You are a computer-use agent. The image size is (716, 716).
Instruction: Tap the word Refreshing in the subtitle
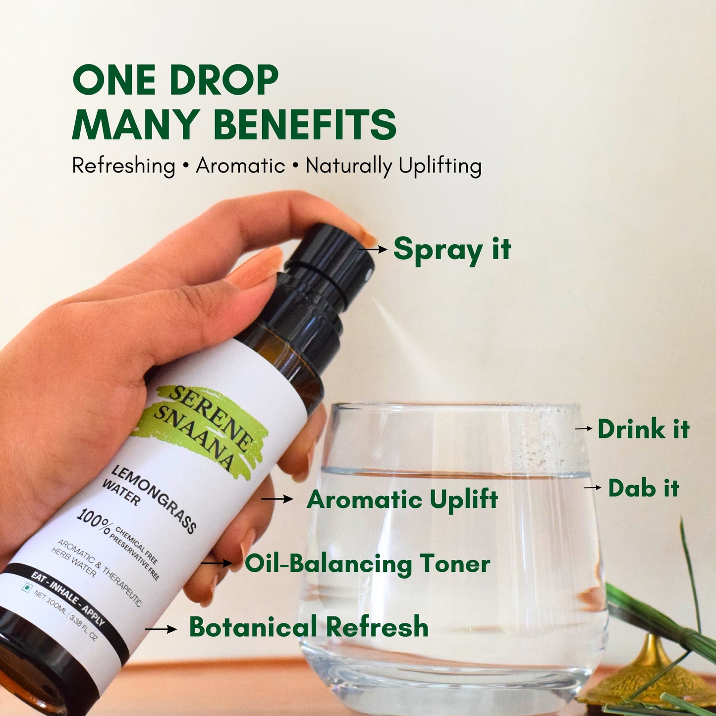123,165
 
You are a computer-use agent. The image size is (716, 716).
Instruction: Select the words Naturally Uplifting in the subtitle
393,165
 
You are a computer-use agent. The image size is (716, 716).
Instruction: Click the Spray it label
451,249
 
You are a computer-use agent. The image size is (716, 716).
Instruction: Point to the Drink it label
643,429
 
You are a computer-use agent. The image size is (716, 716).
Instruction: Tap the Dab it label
643,488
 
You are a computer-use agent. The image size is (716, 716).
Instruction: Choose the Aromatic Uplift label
402,499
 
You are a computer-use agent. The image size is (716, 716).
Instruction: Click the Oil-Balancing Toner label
367,564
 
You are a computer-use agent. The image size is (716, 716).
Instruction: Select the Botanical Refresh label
308,627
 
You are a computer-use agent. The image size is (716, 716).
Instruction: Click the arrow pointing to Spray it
373,249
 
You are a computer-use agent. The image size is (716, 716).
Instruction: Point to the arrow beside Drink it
583,428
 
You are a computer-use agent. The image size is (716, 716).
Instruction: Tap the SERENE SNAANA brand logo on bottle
203,426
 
